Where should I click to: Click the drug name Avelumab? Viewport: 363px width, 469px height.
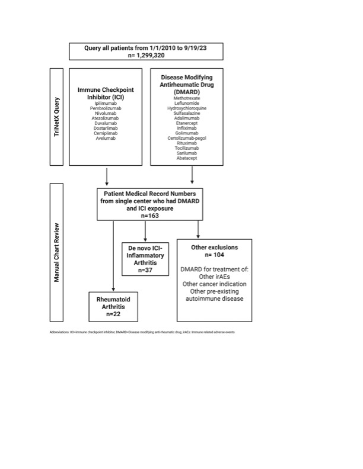tap(106, 138)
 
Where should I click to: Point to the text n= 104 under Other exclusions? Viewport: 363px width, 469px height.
tap(215, 254)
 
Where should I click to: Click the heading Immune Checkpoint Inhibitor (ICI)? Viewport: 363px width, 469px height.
tap(106, 93)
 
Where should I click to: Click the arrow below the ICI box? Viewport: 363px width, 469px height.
tap(106, 176)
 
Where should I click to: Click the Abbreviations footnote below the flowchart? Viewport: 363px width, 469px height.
tap(142, 332)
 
